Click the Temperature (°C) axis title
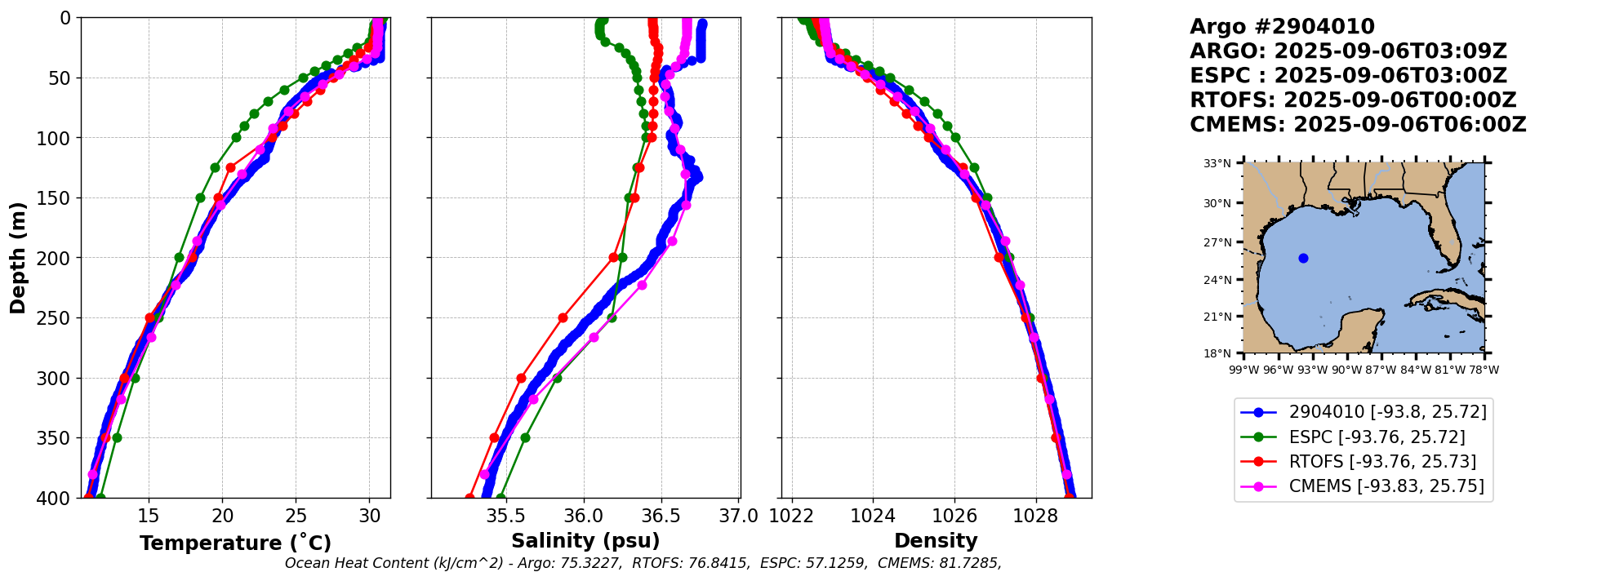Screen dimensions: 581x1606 point(235,543)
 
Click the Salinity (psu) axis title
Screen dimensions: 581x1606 point(585,541)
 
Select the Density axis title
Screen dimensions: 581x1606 point(936,541)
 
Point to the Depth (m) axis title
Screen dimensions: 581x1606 point(18,258)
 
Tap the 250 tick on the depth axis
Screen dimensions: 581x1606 point(60,318)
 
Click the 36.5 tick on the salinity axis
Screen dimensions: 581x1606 point(661,516)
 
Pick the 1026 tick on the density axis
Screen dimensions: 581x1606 point(954,516)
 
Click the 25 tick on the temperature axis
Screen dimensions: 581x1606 point(296,516)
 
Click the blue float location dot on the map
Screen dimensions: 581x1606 point(1303,259)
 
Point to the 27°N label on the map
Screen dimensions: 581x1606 point(1217,242)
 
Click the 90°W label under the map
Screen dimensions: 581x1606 point(1347,370)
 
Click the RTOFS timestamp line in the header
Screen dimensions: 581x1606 point(1353,100)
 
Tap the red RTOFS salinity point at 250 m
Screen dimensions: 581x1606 point(563,317)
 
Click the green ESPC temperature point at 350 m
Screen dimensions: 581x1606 point(117,437)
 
